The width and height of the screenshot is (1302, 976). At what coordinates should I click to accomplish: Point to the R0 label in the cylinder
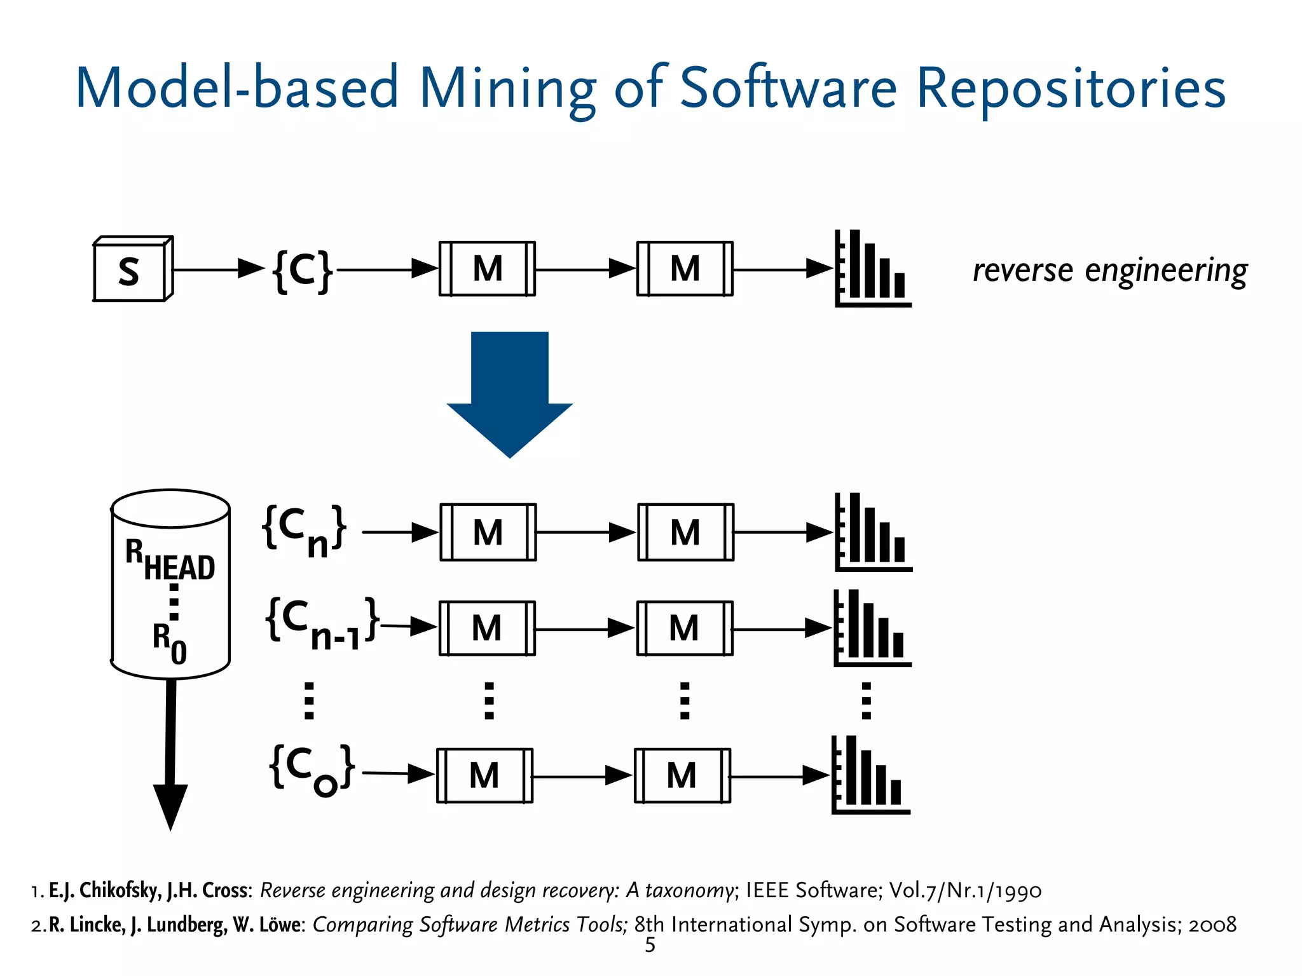pyautogui.click(x=169, y=642)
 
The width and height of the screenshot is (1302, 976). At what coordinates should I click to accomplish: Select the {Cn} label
pyautogui.click(x=305, y=531)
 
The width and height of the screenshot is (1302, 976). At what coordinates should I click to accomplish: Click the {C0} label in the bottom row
pyautogui.click(x=312, y=769)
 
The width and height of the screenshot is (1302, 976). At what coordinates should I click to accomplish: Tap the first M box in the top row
pyautogui.click(x=488, y=269)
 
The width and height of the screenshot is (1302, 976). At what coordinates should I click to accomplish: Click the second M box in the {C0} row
pyautogui.click(x=682, y=776)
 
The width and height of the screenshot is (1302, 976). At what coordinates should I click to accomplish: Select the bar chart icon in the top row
pyautogui.click(x=872, y=269)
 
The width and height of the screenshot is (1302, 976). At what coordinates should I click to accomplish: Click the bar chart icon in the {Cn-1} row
pyautogui.click(x=872, y=628)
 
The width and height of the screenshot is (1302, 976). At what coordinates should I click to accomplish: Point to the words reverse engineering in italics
pyautogui.click(x=1110, y=271)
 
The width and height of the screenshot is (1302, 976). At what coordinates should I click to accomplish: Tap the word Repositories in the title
pyautogui.click(x=1071, y=89)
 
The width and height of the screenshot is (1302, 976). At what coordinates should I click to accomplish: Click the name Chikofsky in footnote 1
pyautogui.click(x=120, y=890)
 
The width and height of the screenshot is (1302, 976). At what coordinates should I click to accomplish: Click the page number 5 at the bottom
pyautogui.click(x=650, y=945)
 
